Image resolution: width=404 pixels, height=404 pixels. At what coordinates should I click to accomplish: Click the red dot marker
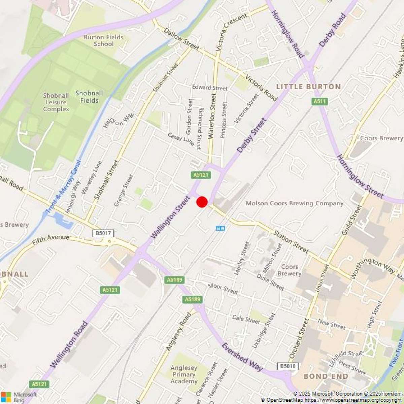point(202,202)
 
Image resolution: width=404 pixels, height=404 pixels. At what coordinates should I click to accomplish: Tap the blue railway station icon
point(220,228)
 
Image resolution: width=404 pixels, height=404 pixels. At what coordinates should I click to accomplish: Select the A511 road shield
point(319,101)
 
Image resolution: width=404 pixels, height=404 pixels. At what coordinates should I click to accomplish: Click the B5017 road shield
point(103,233)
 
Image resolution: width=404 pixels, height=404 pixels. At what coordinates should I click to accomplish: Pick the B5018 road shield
point(288,366)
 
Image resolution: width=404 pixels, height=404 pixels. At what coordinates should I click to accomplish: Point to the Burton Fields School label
point(103,40)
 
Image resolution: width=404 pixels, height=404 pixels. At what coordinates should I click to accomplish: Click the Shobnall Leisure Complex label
point(56,102)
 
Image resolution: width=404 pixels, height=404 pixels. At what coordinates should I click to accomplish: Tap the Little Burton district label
point(308,87)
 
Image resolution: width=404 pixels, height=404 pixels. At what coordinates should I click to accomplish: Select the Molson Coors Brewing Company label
point(295,203)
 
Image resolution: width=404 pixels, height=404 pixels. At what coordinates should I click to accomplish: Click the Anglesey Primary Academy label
point(184,374)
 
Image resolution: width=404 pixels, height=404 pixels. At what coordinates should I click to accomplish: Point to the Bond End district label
point(326,376)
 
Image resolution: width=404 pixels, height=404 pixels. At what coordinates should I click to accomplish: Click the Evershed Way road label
point(242,357)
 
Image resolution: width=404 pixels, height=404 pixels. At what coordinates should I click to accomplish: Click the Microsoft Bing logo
point(20,397)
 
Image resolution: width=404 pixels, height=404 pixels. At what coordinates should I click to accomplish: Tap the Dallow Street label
point(181,39)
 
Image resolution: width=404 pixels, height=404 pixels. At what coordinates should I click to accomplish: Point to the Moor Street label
point(223,289)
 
